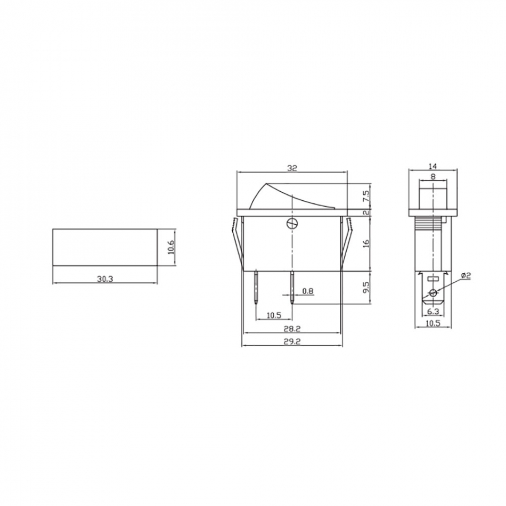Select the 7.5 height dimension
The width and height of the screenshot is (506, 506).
(365, 196)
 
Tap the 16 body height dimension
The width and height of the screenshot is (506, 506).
(365, 243)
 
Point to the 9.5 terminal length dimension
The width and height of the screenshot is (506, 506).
(365, 287)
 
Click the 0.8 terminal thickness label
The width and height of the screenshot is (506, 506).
(308, 291)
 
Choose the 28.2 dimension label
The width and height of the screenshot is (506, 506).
(292, 329)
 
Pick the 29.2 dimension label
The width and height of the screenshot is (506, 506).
(292, 341)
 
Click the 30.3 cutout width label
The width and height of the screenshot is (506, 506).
(105, 279)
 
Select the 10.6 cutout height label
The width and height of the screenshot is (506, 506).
(171, 247)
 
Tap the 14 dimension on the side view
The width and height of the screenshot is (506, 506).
(432, 166)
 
